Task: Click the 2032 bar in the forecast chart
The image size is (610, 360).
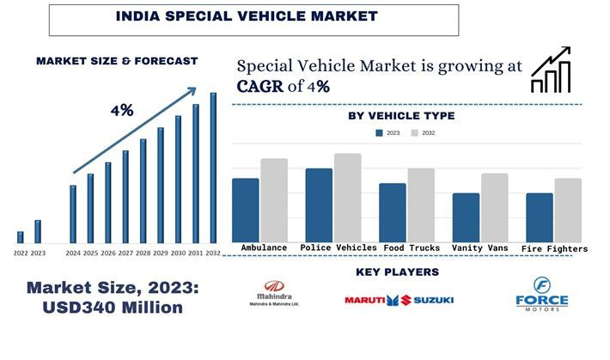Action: pos(213,168)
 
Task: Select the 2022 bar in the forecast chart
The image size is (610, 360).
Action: pos(21,237)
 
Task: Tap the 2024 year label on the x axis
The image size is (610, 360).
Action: pos(73,253)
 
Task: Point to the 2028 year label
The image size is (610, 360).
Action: pos(143,253)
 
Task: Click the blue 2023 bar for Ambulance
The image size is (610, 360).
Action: pos(245,211)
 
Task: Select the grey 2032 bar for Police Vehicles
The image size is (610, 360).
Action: pos(348,198)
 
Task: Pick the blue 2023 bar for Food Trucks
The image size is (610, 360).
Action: pos(393,212)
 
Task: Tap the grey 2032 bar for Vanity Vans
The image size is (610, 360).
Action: pos(496,208)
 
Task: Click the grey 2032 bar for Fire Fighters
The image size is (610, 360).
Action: pos(568,211)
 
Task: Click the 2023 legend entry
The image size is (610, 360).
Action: pos(387,133)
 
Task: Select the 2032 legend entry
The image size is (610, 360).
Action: pos(422,133)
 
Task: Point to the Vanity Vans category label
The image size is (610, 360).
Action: pos(479,248)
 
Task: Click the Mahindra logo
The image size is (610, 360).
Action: pos(275,294)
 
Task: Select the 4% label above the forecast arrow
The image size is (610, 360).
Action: pos(121,110)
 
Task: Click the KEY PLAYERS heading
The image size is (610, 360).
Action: pos(397,272)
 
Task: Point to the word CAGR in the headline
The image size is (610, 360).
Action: pos(261,86)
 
